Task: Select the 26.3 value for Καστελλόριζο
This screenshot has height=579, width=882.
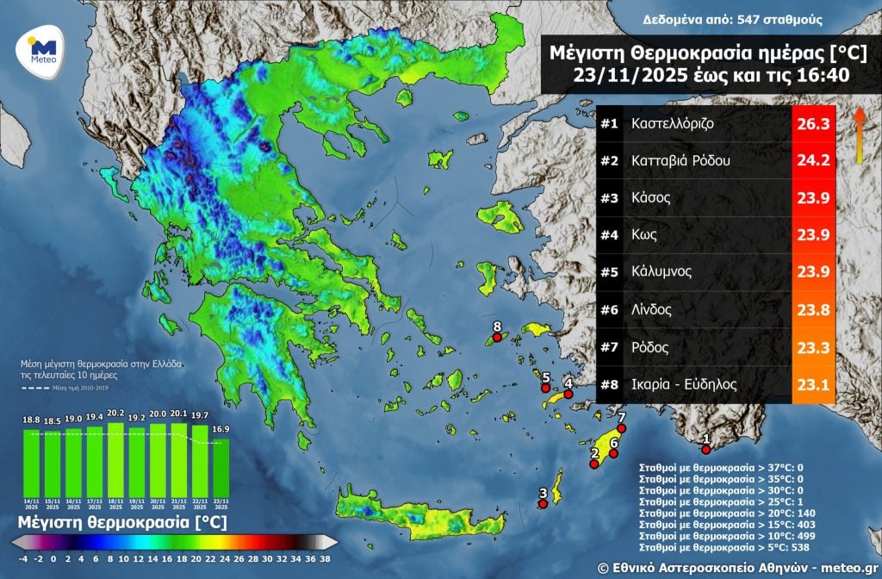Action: pyautogui.click(x=813, y=124)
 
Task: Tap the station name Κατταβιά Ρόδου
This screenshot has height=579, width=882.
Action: pyautogui.click(x=680, y=161)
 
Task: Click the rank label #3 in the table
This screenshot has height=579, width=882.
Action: pyautogui.click(x=610, y=198)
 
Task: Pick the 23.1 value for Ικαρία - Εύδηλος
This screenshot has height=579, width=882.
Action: pyautogui.click(x=813, y=384)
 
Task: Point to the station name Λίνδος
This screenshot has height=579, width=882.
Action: pyautogui.click(x=652, y=309)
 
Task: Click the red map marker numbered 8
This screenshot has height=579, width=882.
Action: pyautogui.click(x=496, y=339)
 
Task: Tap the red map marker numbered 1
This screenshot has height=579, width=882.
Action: pyautogui.click(x=705, y=449)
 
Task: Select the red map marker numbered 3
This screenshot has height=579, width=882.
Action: pyautogui.click(x=543, y=505)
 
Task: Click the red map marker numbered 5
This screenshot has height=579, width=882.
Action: pyautogui.click(x=545, y=389)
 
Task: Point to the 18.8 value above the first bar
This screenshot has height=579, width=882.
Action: pyautogui.click(x=31, y=420)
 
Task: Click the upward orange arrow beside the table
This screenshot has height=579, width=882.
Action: pyautogui.click(x=859, y=135)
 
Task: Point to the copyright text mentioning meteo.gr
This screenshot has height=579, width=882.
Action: pyautogui.click(x=736, y=566)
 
